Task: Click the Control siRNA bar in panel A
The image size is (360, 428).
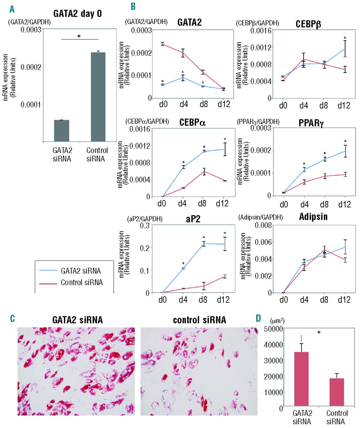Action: pyautogui.click(x=98, y=97)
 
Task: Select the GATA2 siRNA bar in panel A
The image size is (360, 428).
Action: pyautogui.click(x=62, y=131)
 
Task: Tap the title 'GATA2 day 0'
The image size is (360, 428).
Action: pyautogui.click(x=78, y=14)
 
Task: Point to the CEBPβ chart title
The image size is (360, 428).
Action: pyautogui.click(x=308, y=24)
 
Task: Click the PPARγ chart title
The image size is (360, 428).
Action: pyautogui.click(x=311, y=123)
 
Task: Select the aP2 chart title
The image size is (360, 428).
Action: pyautogui.click(x=193, y=219)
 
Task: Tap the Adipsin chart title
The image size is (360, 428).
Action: pyautogui.click(x=313, y=217)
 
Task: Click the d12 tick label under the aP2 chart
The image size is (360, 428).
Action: pyautogui.click(x=223, y=300)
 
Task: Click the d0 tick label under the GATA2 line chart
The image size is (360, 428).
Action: pyautogui.click(x=163, y=104)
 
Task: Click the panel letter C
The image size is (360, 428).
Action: pyautogui.click(x=12, y=318)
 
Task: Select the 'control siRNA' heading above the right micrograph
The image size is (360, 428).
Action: pyautogui.click(x=199, y=320)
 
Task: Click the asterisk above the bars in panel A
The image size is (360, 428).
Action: pyautogui.click(x=79, y=36)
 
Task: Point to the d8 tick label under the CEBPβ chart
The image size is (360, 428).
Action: pyautogui.click(x=324, y=106)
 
